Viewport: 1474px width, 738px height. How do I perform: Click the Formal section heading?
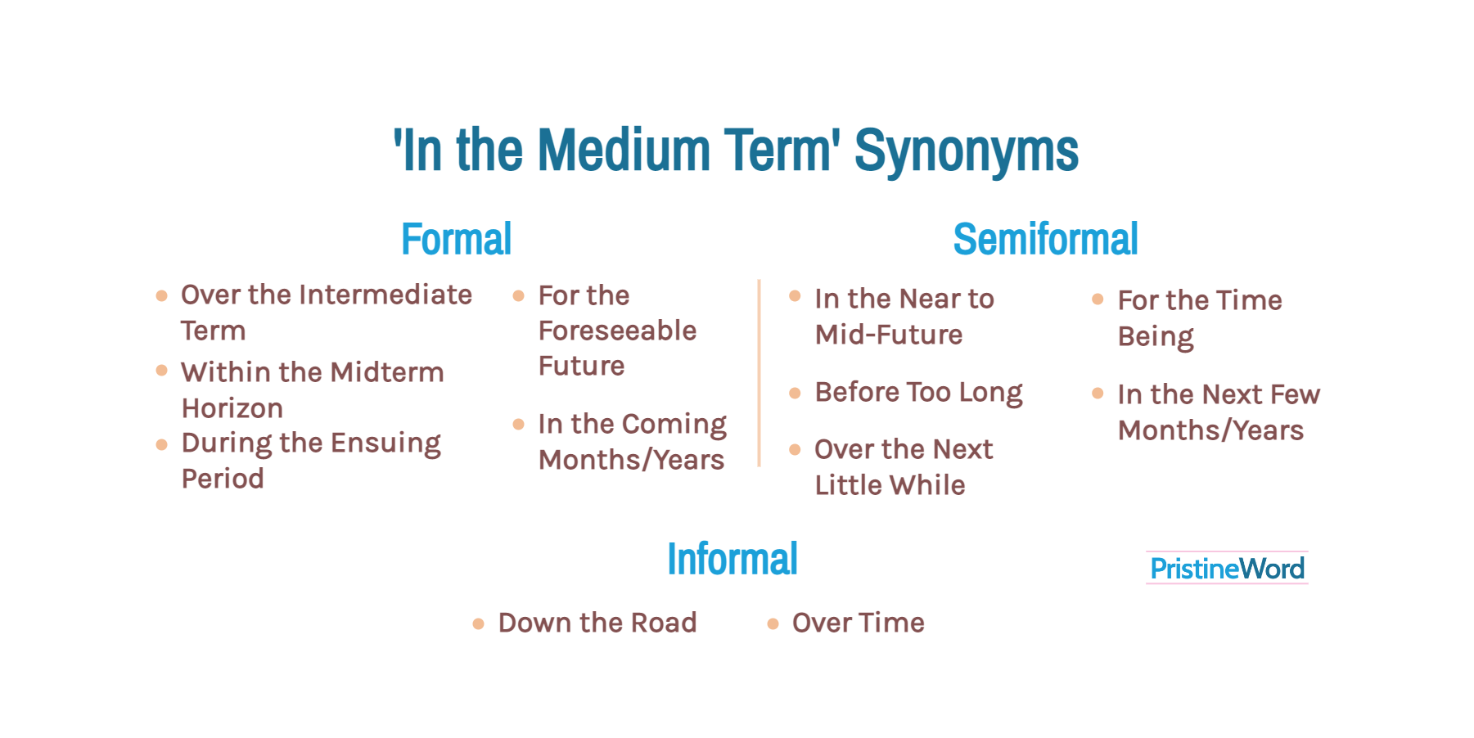pyautogui.click(x=456, y=239)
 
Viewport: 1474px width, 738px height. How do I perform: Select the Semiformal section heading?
pyautogui.click(x=1045, y=239)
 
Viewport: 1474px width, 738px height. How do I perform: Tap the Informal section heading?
pyautogui.click(x=732, y=559)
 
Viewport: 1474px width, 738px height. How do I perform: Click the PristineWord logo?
pyautogui.click(x=1227, y=568)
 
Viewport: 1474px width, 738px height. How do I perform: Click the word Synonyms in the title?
pyautogui.click(x=967, y=151)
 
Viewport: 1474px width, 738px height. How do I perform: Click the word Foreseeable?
pyautogui.click(x=617, y=331)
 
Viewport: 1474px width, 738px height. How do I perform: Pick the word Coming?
pyautogui.click(x=674, y=425)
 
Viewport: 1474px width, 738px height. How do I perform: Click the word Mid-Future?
pyautogui.click(x=889, y=335)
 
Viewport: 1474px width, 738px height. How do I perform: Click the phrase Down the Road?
pyautogui.click(x=597, y=623)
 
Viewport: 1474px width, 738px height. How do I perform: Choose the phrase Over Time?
pyautogui.click(x=858, y=623)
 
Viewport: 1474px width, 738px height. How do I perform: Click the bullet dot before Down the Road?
pyautogui.click(x=479, y=624)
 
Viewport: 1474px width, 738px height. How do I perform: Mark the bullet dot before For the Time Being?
pyautogui.click(x=1098, y=299)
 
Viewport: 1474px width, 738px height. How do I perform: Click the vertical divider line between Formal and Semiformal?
pyautogui.click(x=760, y=373)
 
